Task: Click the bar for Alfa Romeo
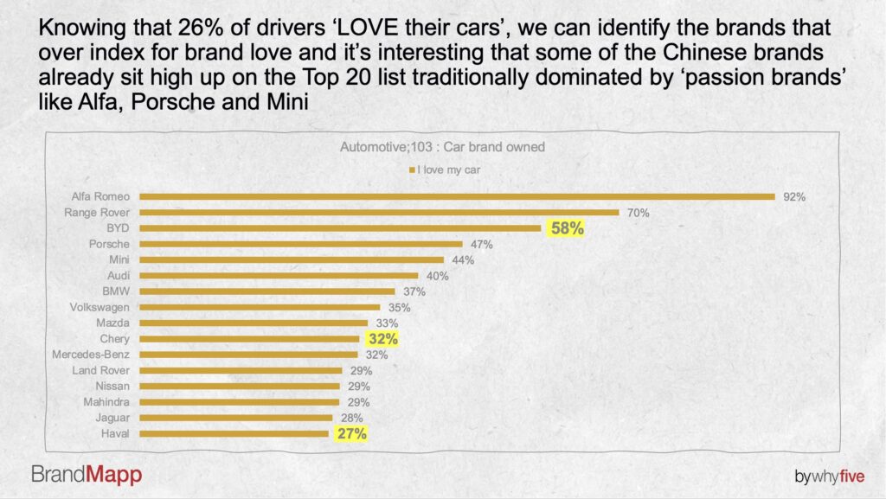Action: [457, 196]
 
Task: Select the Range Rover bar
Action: [379, 213]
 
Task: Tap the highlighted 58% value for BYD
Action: [567, 229]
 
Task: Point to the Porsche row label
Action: [110, 244]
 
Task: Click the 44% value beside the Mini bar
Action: [462, 260]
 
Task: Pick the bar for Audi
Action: [279, 276]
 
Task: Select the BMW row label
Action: [116, 291]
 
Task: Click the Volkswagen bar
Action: [260, 307]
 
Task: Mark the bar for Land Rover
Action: [241, 370]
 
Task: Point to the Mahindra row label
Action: [106, 402]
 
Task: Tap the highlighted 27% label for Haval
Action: [351, 434]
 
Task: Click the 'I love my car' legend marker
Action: [412, 170]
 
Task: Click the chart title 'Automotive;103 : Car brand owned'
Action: [442, 147]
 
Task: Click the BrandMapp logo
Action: [87, 474]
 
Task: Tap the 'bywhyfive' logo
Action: [830, 477]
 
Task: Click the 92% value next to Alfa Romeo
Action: [794, 197]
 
